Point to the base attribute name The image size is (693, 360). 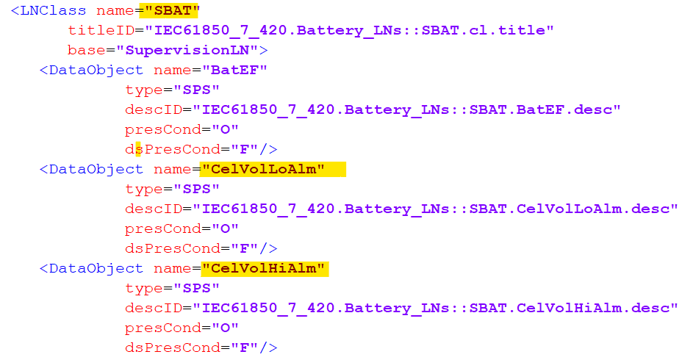pos(85,51)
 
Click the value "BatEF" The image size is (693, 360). pos(238,71)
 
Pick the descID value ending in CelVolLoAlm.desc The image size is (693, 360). pos(435,209)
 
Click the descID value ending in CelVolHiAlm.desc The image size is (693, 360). pos(435,309)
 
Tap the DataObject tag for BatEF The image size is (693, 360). pos(96,71)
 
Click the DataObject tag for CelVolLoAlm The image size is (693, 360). pos(96,170)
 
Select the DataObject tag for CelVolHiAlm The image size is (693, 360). pos(96,269)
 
